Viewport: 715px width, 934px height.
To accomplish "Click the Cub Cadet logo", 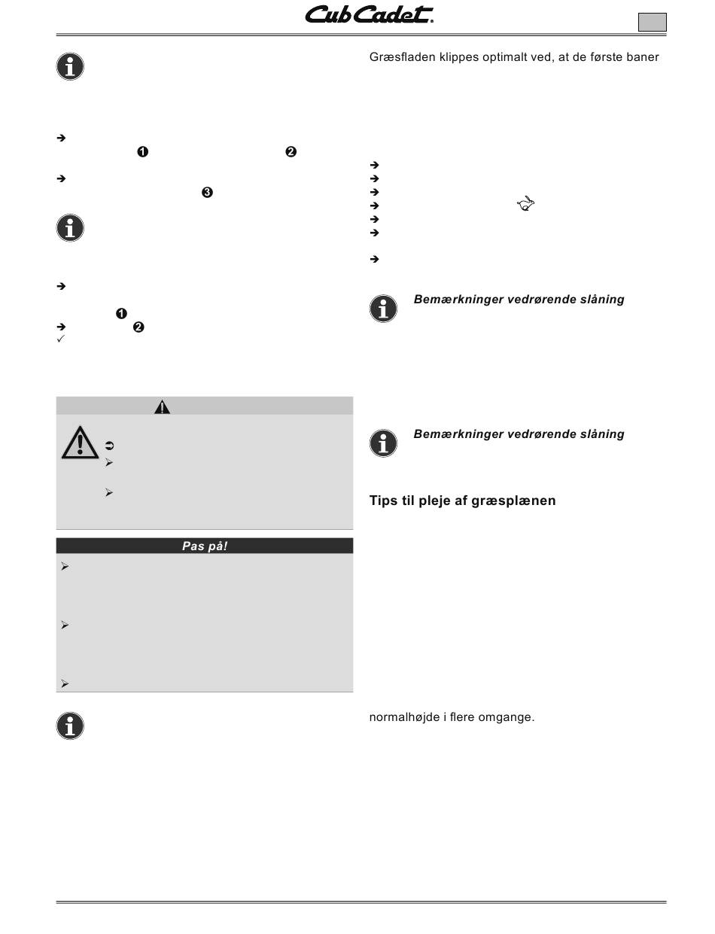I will (x=368, y=16).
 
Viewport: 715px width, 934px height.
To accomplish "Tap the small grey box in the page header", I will (x=652, y=22).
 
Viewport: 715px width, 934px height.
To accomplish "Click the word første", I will (x=601, y=58).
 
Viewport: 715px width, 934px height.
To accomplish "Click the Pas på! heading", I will (x=205, y=546).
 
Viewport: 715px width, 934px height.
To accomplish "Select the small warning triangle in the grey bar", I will (x=162, y=407).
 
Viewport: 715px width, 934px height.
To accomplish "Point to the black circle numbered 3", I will (x=207, y=193).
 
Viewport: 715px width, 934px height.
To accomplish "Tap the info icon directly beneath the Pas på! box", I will (x=70, y=726).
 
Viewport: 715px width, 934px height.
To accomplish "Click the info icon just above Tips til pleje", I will (x=383, y=443).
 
